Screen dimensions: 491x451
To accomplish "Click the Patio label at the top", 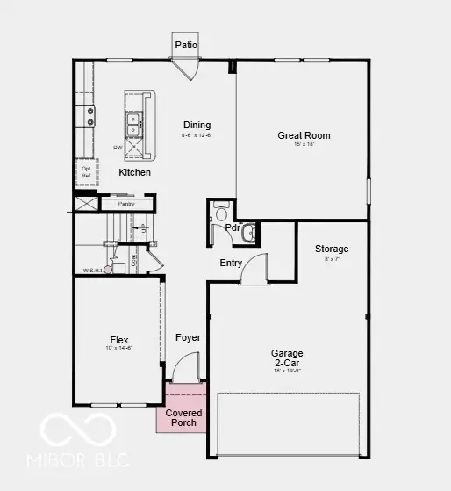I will click(x=185, y=45).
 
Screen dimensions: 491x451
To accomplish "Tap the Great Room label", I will click(x=304, y=135).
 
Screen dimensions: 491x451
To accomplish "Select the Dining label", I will click(x=197, y=125).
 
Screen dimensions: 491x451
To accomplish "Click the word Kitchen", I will click(x=134, y=172).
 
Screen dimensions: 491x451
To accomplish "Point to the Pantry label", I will click(x=125, y=204).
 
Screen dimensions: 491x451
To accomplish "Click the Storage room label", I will click(x=332, y=249).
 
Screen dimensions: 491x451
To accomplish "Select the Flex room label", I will click(x=118, y=340).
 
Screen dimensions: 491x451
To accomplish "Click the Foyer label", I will click(x=188, y=337).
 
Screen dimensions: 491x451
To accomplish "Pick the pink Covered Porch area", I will click(x=183, y=417).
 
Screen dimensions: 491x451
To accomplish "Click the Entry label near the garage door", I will click(x=232, y=263).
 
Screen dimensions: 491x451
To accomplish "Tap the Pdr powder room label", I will click(x=233, y=227).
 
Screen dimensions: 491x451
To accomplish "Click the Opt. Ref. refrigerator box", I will click(x=87, y=172).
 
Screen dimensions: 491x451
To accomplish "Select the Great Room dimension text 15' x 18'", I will click(x=304, y=145).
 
